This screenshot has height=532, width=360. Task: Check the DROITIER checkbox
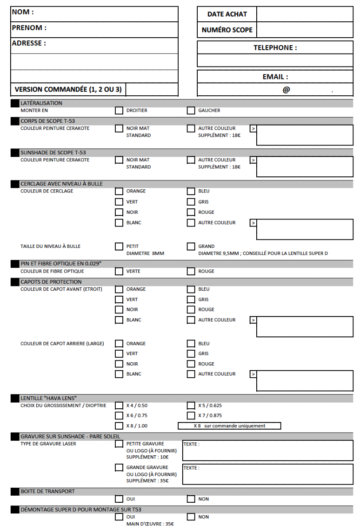[119, 110]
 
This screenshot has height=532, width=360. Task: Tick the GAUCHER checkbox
[191, 110]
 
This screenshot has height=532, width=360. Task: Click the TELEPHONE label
[275, 48]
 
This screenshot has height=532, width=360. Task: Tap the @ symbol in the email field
[286, 90]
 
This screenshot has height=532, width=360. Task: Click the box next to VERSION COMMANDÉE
[152, 90]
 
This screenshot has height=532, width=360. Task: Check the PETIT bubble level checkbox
[119, 246]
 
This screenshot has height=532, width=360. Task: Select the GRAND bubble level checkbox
[191, 246]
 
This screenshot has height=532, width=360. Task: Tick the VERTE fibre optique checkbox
[119, 271]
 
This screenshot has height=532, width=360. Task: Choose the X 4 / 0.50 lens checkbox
[119, 405]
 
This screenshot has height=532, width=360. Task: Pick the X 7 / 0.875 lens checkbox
[191, 415]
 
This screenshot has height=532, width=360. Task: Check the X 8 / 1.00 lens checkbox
[119, 426]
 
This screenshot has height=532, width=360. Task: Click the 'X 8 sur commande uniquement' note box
[229, 426]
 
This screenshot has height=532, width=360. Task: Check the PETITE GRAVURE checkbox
[119, 444]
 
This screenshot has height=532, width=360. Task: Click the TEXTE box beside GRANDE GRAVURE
[268, 474]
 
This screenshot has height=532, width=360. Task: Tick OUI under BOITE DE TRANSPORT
[119, 499]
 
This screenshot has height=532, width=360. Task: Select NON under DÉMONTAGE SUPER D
[191, 517]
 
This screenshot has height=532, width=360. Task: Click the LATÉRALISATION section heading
[41, 103]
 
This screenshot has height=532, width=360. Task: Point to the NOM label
[23, 12]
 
